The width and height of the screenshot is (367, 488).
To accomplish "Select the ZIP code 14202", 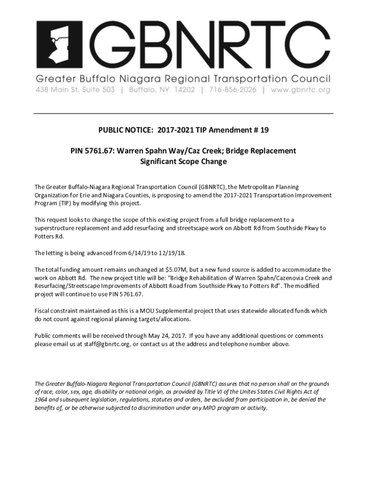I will point(184,90).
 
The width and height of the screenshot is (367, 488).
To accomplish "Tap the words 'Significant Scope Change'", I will point(183,162).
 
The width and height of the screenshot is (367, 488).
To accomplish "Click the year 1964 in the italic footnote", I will point(41,400).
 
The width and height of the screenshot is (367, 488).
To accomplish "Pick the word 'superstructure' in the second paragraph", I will point(53,228).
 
